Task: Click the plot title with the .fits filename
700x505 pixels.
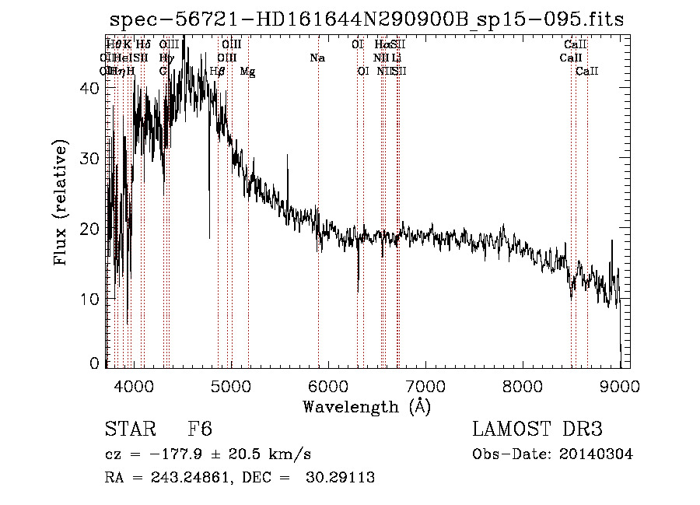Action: coord(366,19)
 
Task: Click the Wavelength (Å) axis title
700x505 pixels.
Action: coord(366,406)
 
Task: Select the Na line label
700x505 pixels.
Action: coord(317,58)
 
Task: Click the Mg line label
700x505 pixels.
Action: coord(247,72)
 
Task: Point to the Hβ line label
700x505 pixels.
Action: coord(218,72)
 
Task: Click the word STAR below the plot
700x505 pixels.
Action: coord(124,430)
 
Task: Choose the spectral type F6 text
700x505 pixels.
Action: coord(200,430)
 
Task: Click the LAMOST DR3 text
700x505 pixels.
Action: coord(537,430)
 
